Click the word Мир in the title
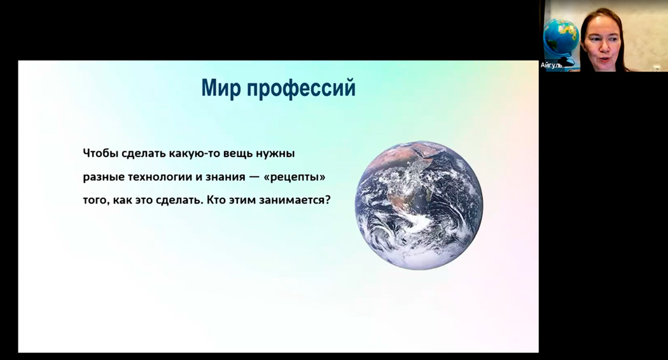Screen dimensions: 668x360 (x=220, y=88)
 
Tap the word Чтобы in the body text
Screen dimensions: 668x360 (x=100, y=153)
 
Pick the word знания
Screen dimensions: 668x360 (x=225, y=177)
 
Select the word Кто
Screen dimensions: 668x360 (x=216, y=199)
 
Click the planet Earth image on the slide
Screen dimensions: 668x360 (x=419, y=205)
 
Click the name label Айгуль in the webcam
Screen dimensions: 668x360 (x=552, y=65)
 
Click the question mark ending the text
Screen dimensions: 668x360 (x=328, y=199)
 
